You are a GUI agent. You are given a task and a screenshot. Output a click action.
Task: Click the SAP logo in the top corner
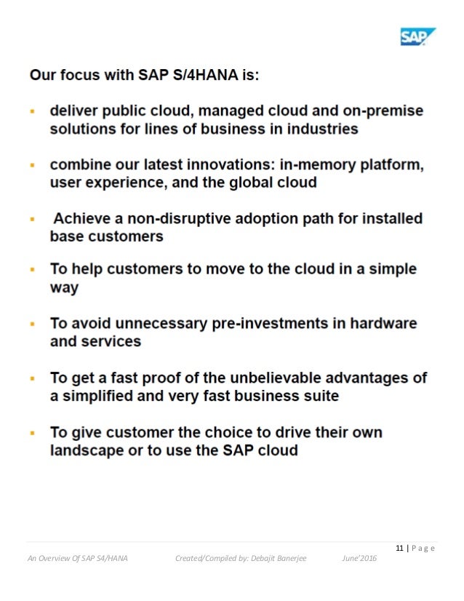click(x=417, y=36)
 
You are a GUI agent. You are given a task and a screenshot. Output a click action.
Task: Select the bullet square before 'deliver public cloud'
click(x=33, y=112)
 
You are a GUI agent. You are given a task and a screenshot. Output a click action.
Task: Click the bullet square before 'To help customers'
click(x=33, y=270)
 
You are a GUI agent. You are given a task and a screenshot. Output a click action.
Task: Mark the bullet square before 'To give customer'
click(x=33, y=433)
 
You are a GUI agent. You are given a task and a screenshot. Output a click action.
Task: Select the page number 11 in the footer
click(x=400, y=548)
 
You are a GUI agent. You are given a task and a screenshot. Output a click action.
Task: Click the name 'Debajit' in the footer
click(x=260, y=558)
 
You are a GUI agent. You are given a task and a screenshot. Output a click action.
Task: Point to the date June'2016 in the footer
click(x=359, y=558)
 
